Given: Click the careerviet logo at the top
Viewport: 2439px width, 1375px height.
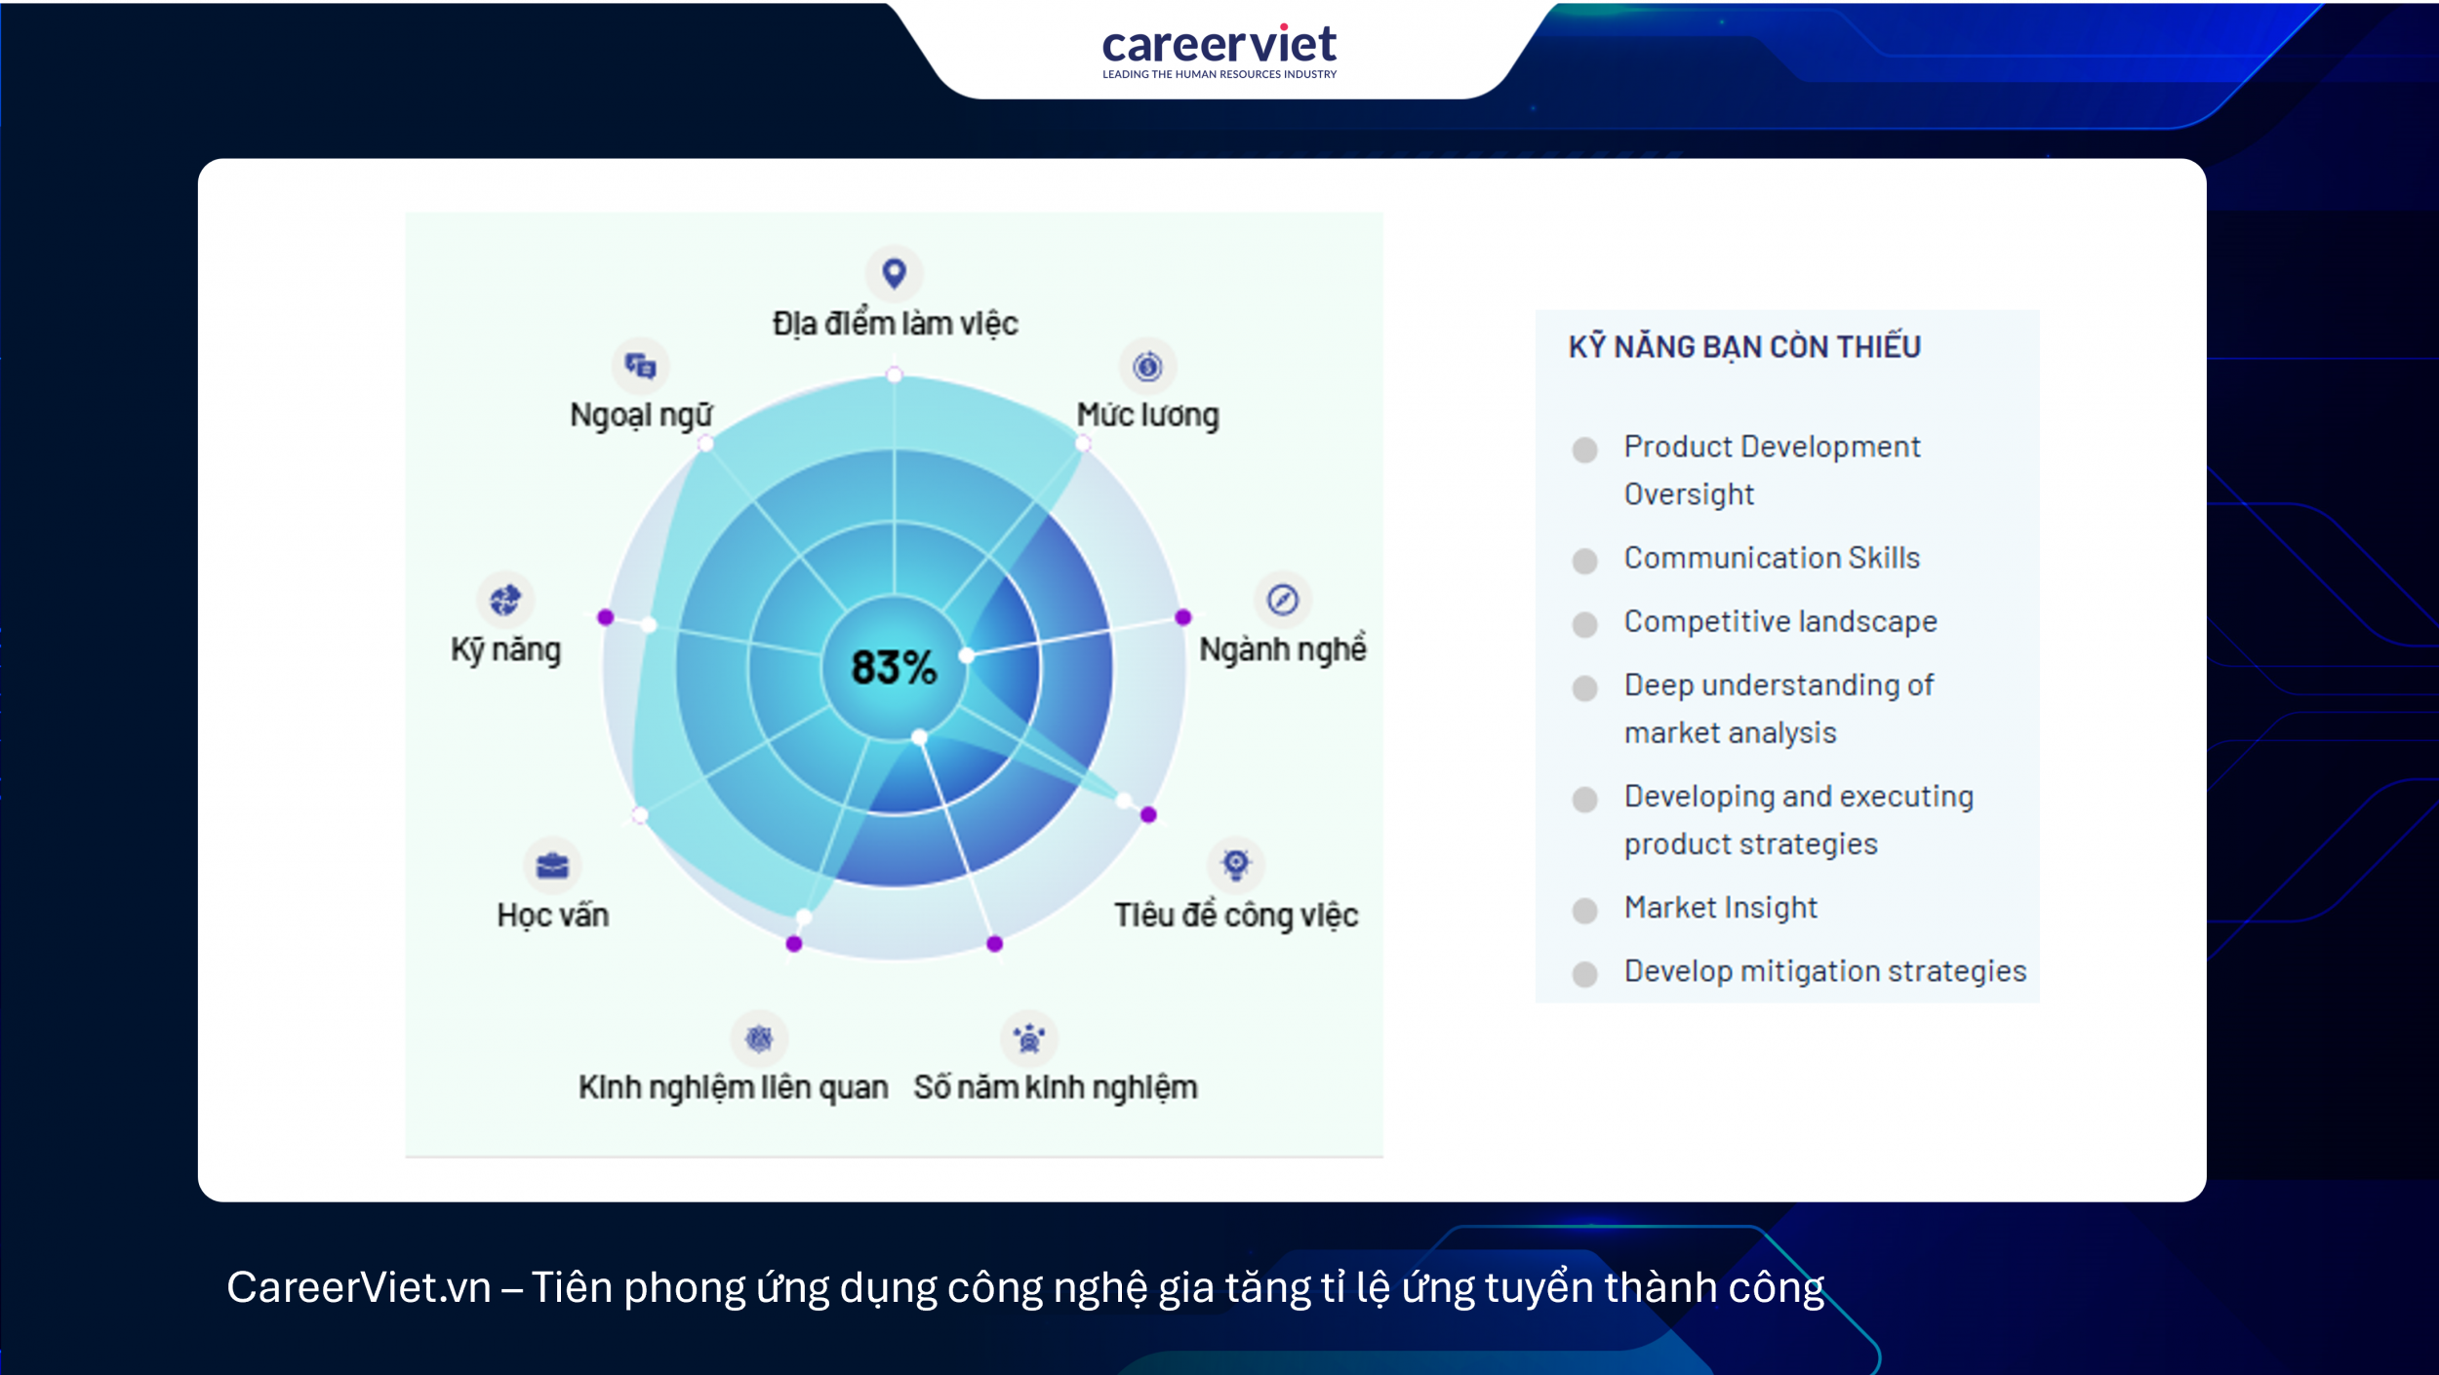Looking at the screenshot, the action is [x=1219, y=50].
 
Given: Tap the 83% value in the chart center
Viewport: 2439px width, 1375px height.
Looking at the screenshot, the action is [x=894, y=668].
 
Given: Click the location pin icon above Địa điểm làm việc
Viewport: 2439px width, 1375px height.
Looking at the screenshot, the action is [x=894, y=273].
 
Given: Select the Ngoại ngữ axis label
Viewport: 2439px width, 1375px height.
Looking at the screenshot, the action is [x=641, y=415].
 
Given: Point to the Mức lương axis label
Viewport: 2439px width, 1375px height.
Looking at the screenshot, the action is [x=1147, y=415].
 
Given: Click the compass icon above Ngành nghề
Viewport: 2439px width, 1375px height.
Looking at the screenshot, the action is [x=1282, y=599].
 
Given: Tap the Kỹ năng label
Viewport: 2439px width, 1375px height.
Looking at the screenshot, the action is [x=505, y=650].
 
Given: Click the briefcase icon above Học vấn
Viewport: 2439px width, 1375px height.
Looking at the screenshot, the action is [x=552, y=865].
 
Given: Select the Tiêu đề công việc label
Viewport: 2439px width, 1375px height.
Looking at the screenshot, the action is [x=1236, y=916].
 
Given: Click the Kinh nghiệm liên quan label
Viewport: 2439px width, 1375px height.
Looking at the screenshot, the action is [x=733, y=1087].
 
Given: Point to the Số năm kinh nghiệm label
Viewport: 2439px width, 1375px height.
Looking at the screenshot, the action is [x=1055, y=1087].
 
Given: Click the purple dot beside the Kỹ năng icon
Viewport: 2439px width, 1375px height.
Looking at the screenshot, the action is [x=606, y=617].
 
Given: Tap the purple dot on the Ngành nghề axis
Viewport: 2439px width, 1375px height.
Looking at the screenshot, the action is [x=1182, y=617].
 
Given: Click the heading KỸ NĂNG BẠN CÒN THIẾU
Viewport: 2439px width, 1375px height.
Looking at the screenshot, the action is [x=1744, y=347].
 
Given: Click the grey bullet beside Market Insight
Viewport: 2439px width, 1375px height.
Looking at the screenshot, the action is [x=1584, y=911].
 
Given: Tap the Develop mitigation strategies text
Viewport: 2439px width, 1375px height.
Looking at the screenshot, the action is [x=1824, y=971].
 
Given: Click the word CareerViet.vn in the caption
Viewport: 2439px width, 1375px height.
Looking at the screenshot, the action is [x=359, y=1287].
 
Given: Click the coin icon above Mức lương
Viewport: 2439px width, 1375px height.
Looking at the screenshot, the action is [x=1147, y=367].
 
